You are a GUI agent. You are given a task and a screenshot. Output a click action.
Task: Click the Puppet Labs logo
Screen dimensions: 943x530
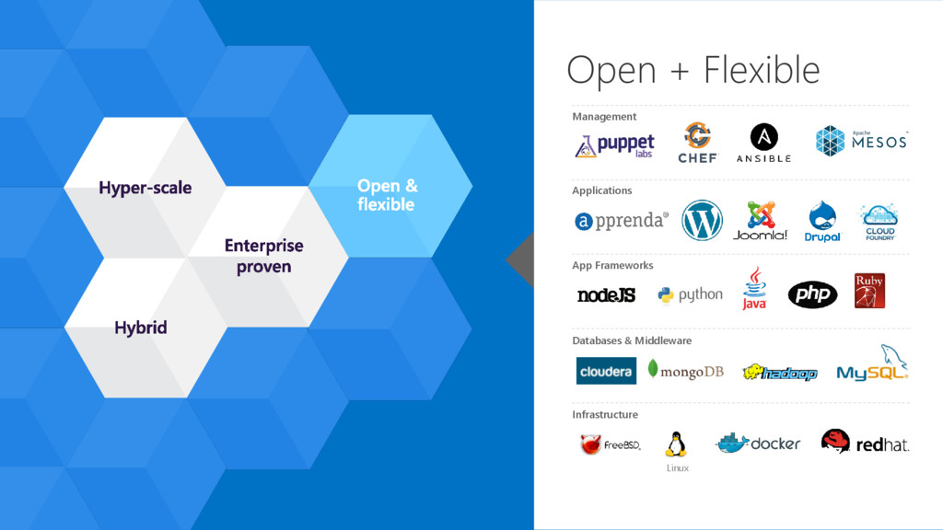coord(615,145)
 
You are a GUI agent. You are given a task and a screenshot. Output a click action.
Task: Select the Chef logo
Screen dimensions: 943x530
coord(698,142)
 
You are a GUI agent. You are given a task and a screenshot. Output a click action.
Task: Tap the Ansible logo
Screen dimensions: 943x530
coord(763,143)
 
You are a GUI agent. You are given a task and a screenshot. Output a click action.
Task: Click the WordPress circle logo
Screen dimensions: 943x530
coord(702,221)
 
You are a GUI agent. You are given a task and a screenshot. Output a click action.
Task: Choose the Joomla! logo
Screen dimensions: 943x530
coord(761,221)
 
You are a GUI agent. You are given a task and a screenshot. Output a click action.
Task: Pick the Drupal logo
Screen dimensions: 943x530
coord(822,221)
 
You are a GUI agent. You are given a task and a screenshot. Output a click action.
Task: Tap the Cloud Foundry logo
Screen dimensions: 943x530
coord(879,222)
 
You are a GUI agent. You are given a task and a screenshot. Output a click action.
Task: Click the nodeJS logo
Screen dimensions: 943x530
coord(606,295)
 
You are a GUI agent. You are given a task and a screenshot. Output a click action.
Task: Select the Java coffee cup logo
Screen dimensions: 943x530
coord(754,288)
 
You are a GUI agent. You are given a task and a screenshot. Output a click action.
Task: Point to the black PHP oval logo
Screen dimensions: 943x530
coord(812,294)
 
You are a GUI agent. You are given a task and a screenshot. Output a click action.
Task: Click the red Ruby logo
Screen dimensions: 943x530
coord(869,291)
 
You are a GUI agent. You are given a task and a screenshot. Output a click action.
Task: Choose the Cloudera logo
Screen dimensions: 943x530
coord(606,371)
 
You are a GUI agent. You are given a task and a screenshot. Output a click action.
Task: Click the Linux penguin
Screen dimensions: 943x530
coord(677,444)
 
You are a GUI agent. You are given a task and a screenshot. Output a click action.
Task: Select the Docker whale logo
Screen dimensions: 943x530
coord(758,443)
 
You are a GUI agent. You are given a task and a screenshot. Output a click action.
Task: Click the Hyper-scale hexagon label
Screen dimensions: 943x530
coord(146,188)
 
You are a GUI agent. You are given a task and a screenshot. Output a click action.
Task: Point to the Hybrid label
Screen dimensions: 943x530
coord(140,328)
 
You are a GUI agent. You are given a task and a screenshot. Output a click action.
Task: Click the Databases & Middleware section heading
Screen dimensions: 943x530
coord(632,340)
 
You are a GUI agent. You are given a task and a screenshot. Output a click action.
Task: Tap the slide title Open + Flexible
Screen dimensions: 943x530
coord(693,70)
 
